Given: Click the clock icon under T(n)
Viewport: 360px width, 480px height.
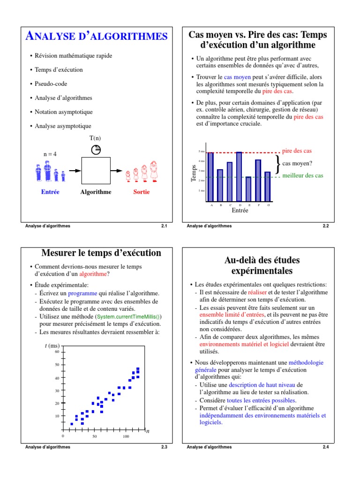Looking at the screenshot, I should [x=96, y=150].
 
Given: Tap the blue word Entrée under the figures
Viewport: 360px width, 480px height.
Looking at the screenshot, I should [x=50, y=192].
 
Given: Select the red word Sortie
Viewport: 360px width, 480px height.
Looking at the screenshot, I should [x=142, y=192].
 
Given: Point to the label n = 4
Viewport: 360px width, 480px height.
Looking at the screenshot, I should [x=50, y=154].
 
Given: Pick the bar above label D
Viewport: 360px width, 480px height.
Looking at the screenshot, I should [x=239, y=176].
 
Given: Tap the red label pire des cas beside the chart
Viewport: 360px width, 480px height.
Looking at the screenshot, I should [x=297, y=151].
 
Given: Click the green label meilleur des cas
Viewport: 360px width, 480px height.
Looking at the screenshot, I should [x=302, y=176].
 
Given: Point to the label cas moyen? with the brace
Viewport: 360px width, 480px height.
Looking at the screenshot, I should [x=297, y=164].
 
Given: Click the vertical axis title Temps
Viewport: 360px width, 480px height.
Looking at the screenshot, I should [x=194, y=173].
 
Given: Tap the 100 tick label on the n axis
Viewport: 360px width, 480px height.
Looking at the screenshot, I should [x=126, y=436].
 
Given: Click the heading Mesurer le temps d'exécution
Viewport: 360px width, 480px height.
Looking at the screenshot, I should [x=101, y=253].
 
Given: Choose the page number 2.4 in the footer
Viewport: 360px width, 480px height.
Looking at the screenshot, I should [x=326, y=447].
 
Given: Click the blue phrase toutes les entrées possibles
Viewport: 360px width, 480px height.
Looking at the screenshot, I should [x=262, y=400].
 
